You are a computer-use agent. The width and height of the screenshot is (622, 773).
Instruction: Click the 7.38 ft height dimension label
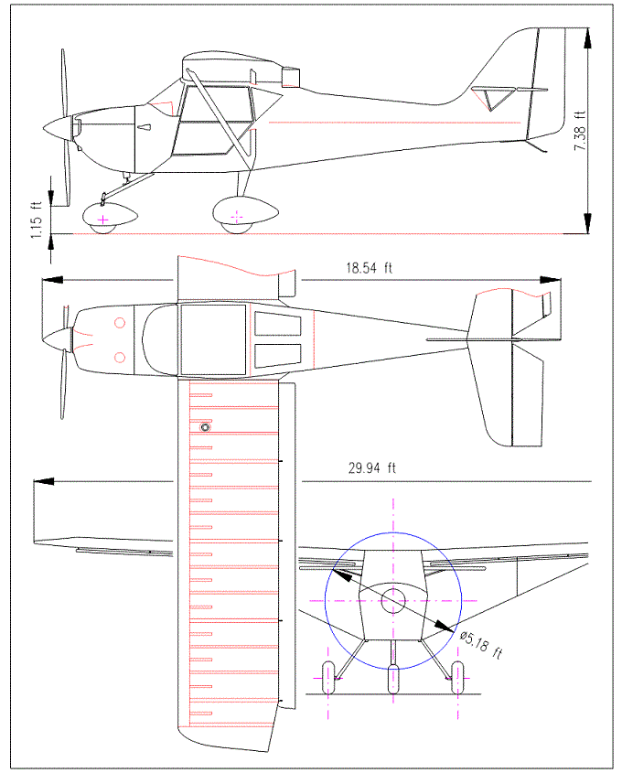pyautogui.click(x=579, y=131)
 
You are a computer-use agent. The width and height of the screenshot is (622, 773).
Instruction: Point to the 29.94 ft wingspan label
pyautogui.click(x=372, y=467)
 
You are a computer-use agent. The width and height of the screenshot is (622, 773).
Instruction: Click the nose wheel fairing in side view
pyautogui.click(x=110, y=218)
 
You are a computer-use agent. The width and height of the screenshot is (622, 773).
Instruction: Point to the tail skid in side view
pyautogui.click(x=539, y=146)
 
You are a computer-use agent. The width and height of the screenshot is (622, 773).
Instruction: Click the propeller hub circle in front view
pyautogui.click(x=393, y=601)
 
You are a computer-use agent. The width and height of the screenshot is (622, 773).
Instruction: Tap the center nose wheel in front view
pyautogui.click(x=393, y=680)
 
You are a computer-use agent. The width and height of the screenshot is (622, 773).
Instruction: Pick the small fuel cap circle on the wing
pyautogui.click(x=205, y=426)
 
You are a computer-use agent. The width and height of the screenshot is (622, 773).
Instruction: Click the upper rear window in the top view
pyautogui.click(x=277, y=323)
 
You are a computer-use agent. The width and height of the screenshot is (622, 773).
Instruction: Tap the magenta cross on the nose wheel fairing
pyautogui.click(x=102, y=220)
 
